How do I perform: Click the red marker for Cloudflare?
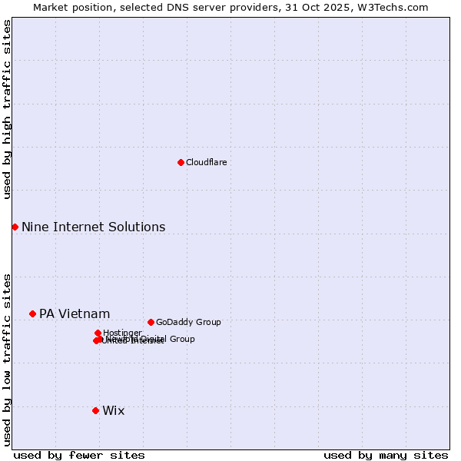(x=181, y=162)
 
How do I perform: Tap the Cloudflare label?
(x=206, y=163)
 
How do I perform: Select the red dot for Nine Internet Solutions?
(x=15, y=227)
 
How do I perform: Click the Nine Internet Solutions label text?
(x=93, y=227)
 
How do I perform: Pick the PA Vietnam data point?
(x=32, y=313)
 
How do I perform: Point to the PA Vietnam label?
(x=75, y=314)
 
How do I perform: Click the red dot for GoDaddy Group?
(x=151, y=322)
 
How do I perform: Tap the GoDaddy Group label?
(x=188, y=323)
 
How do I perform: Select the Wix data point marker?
(x=95, y=410)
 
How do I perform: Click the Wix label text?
(x=113, y=411)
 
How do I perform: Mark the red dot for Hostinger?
(x=98, y=333)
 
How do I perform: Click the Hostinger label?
(x=122, y=333)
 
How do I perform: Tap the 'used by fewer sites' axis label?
(x=79, y=455)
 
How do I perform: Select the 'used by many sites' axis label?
(x=386, y=455)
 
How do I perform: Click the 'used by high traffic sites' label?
(x=7, y=109)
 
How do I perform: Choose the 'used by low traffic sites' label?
(x=7, y=359)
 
